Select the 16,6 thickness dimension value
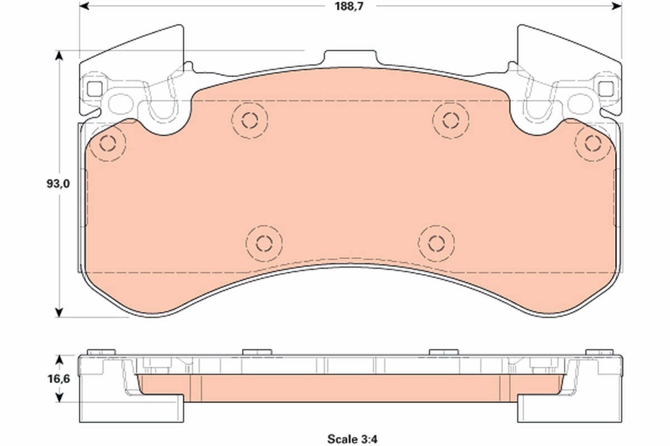point(58,379)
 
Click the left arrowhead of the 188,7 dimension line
point(84,6)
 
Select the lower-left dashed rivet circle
point(264,243)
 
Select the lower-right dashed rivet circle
point(436,243)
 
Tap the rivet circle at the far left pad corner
point(107,144)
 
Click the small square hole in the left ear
point(94,88)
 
